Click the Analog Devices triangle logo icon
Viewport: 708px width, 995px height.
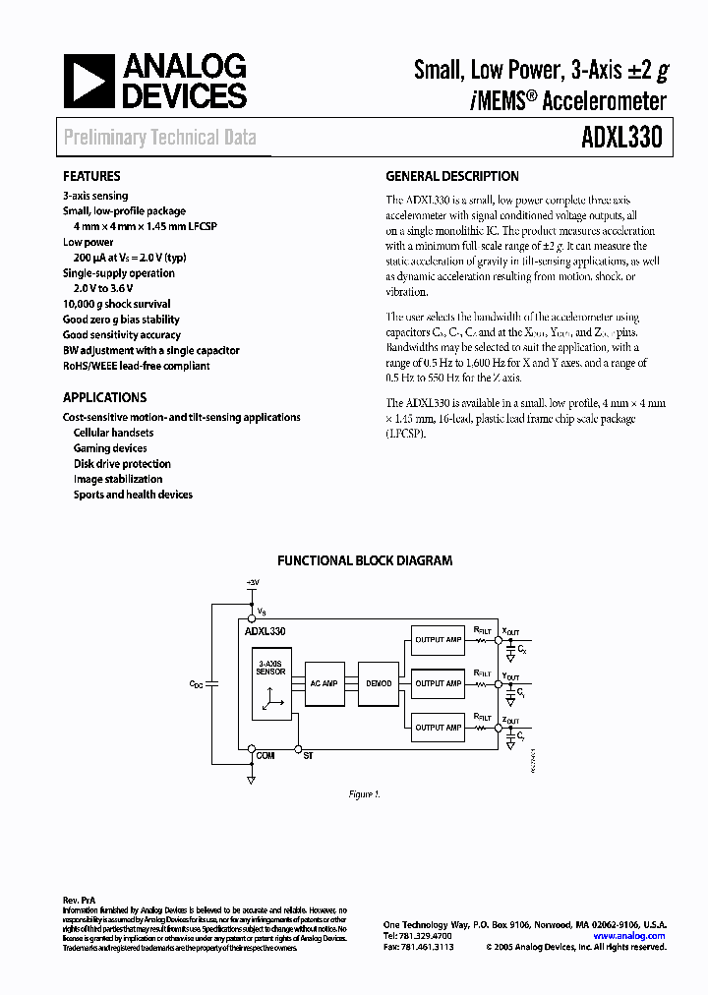point(88,82)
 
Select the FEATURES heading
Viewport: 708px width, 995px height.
point(91,177)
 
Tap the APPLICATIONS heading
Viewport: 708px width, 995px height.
point(104,398)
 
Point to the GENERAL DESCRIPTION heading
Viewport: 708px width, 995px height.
point(452,177)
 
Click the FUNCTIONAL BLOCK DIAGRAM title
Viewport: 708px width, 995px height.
point(365,561)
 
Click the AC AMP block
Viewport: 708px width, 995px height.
point(324,683)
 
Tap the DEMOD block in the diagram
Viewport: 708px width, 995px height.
point(379,683)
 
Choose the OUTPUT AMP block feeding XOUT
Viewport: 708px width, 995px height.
point(438,639)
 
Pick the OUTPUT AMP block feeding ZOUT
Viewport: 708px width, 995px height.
point(438,728)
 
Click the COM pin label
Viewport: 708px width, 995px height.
point(265,755)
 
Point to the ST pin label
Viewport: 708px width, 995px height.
point(308,755)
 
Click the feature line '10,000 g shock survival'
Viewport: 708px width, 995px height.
point(116,305)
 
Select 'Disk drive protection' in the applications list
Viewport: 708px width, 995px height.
point(122,464)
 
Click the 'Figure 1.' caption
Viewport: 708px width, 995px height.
point(364,793)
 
